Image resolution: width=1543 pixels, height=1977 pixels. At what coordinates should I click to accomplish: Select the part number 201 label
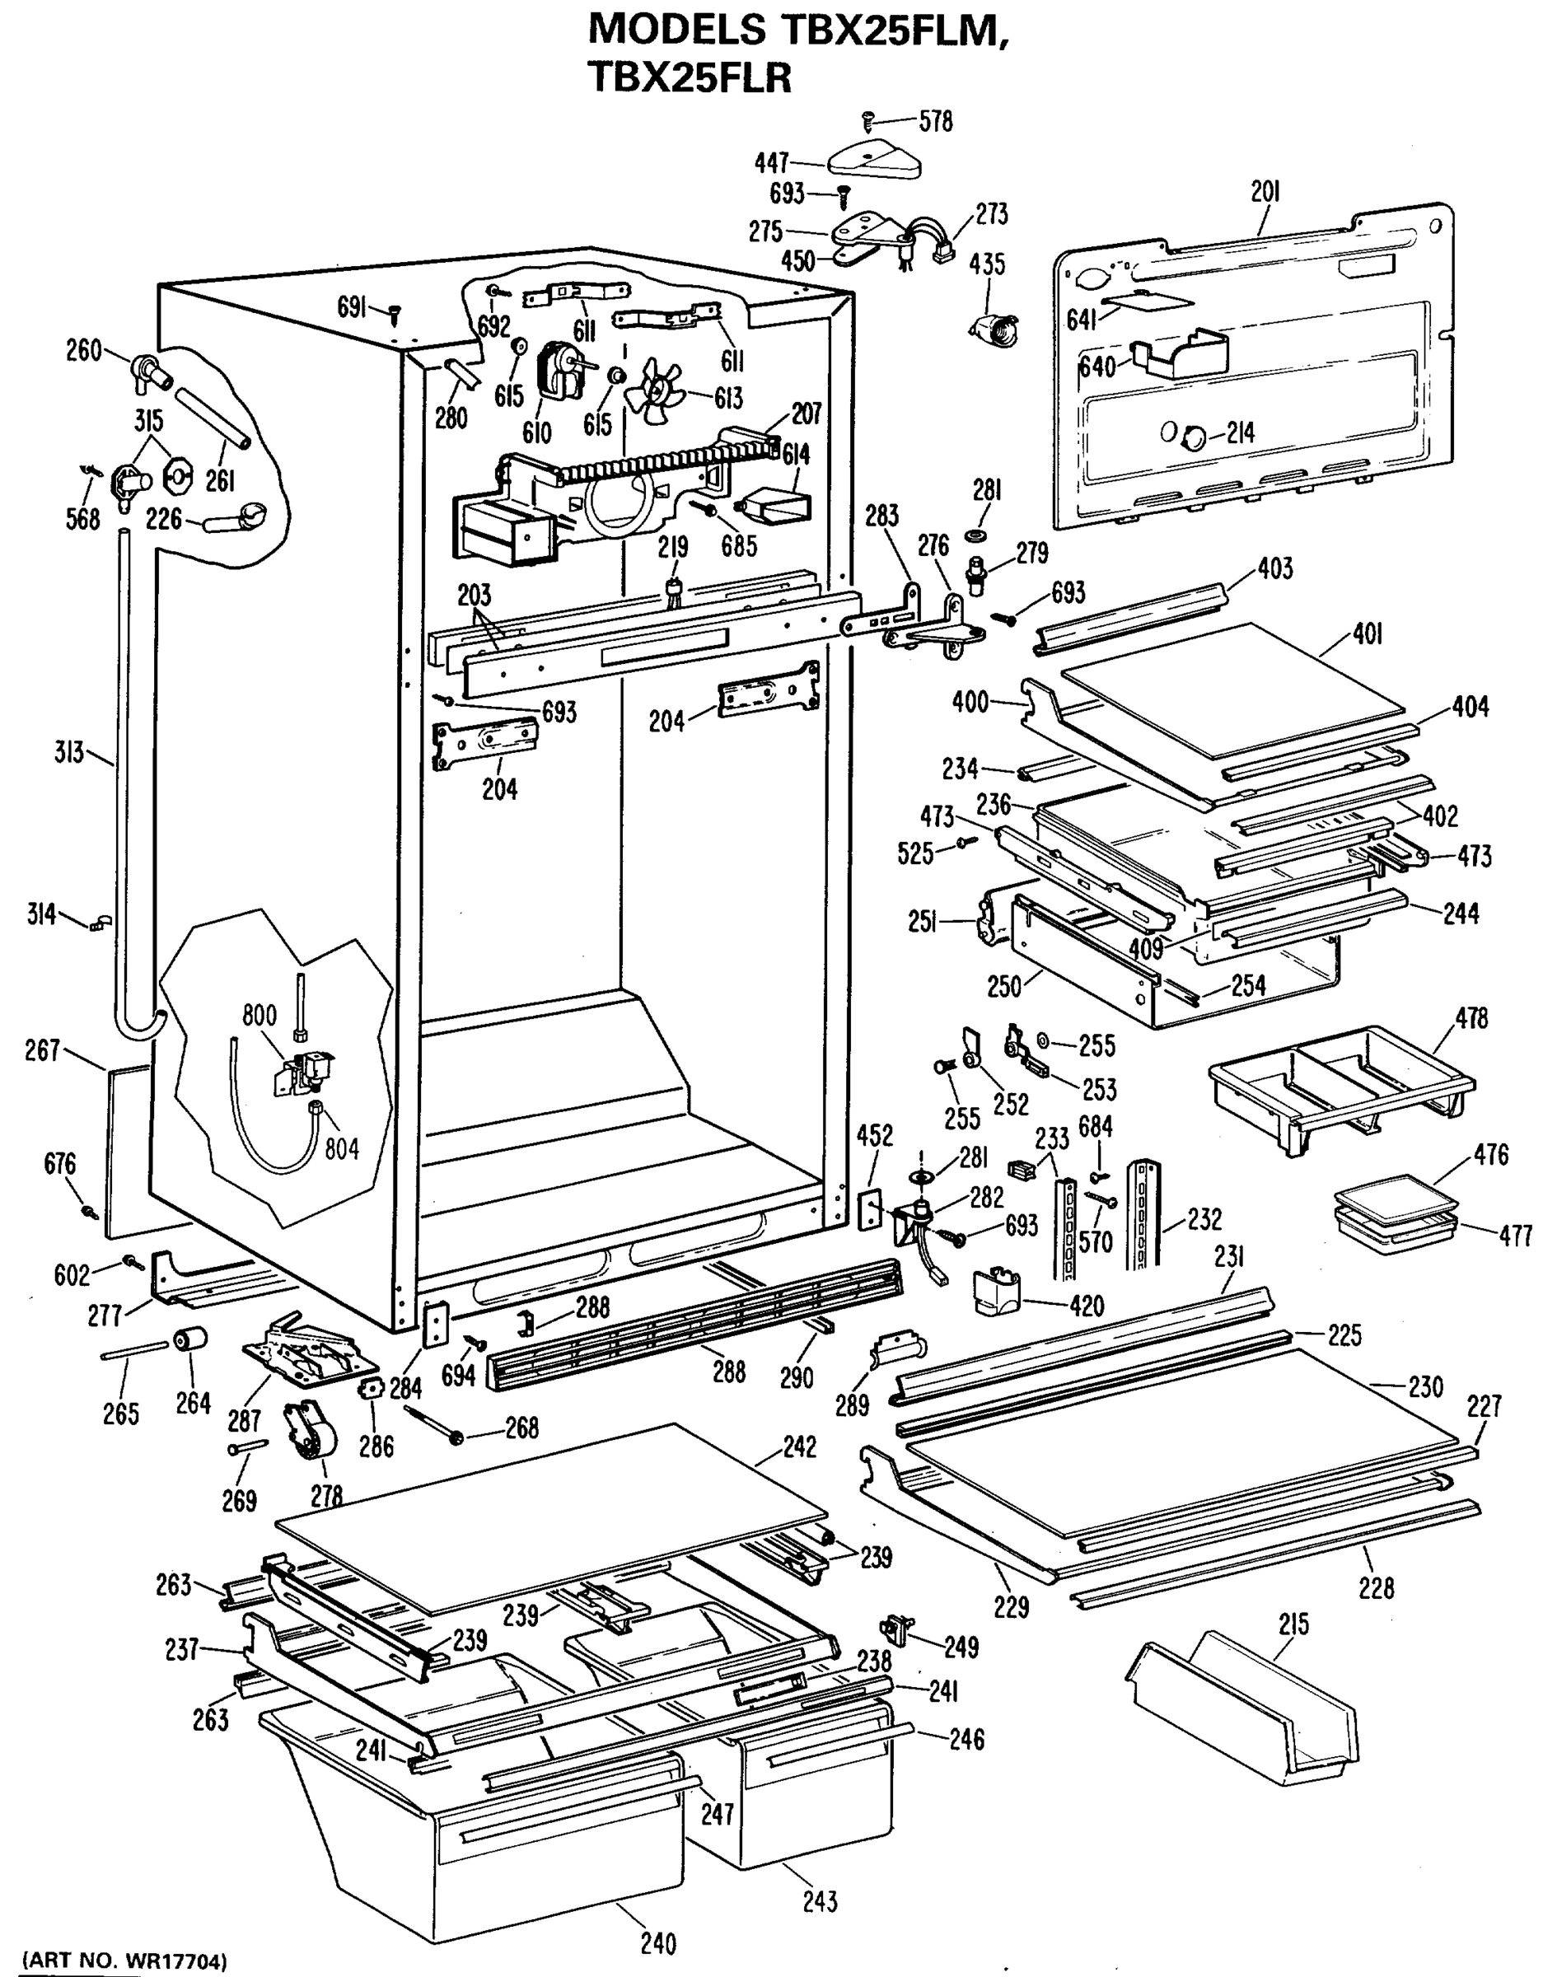coord(1265,192)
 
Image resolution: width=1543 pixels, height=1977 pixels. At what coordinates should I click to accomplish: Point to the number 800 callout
coord(259,1015)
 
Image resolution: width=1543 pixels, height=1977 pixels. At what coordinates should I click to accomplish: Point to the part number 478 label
coord(1471,1018)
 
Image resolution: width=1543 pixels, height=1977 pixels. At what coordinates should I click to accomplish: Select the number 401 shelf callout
coord(1368,634)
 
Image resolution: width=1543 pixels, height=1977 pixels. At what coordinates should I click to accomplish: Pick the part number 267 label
coord(43,1050)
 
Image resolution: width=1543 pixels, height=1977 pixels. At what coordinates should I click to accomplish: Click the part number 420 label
coord(1087,1306)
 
